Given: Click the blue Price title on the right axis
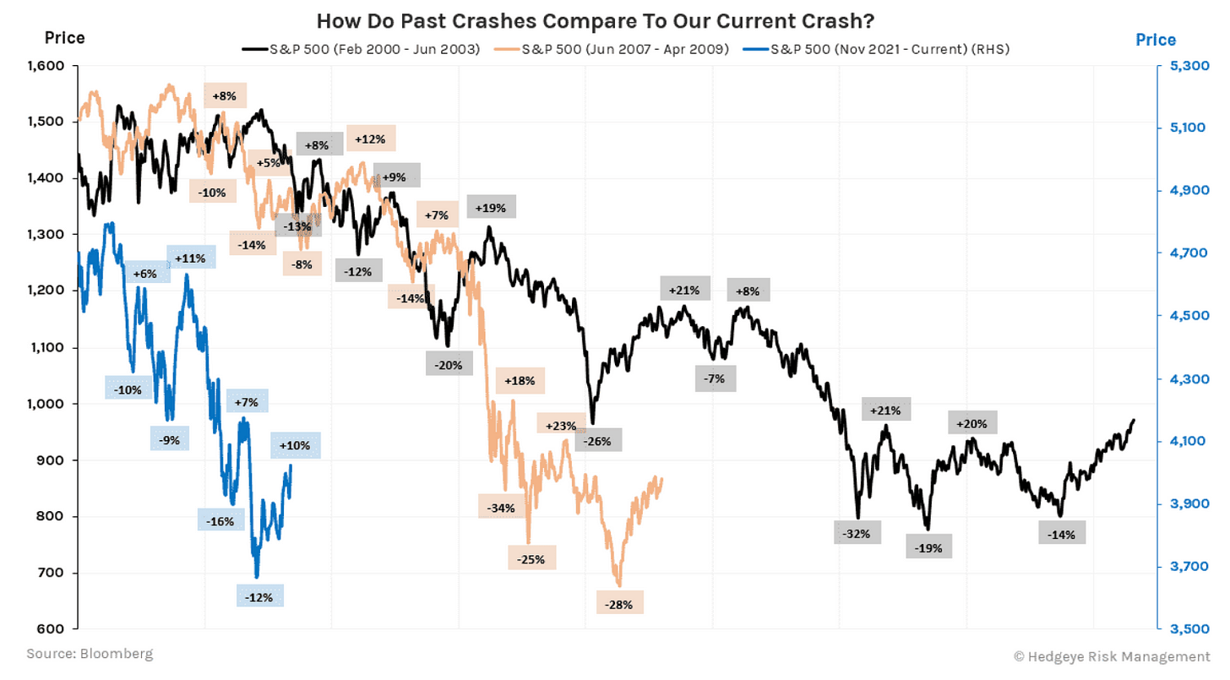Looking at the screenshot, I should pos(1156,40).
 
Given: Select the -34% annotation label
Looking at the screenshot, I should pos(501,509).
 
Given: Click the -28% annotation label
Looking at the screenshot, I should pos(620,604).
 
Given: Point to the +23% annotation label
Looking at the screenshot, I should pos(561,426).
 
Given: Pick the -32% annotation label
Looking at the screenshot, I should pos(857,533).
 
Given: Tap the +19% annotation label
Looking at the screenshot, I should pos(490,207).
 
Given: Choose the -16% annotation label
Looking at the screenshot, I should pos(221,521).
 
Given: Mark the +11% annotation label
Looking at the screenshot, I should pos(191,258).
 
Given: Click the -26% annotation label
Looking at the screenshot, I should pos(598,440).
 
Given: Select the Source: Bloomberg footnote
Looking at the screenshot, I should pos(89,654).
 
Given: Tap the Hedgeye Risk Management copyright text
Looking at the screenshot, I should pos(1111,656).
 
